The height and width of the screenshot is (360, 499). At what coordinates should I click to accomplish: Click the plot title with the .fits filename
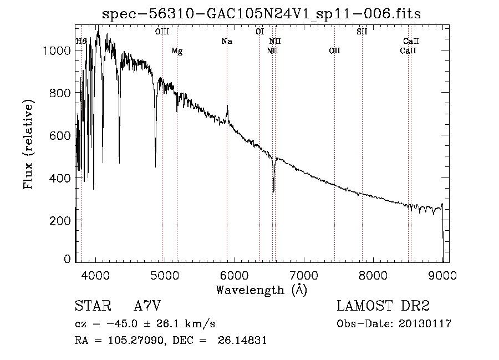point(262,14)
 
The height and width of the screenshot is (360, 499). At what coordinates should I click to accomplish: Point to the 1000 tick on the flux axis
point(56,50)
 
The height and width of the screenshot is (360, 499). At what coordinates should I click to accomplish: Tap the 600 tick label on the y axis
point(59,136)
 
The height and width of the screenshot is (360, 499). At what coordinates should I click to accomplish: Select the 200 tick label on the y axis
point(59,221)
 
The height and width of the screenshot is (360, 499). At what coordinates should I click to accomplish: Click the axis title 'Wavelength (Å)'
point(261,290)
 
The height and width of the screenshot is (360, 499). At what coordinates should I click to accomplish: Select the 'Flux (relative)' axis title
point(28,144)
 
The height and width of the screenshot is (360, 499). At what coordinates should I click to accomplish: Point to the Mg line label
point(177,52)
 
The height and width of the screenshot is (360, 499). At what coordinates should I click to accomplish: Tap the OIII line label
point(162,32)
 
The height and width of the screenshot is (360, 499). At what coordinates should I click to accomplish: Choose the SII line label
point(361,32)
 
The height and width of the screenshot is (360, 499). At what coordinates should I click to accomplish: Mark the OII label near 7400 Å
point(334,52)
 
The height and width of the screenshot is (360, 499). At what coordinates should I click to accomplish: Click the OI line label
point(259,32)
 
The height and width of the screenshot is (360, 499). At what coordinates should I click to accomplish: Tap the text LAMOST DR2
point(383,306)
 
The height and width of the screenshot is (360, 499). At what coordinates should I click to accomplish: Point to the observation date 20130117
point(426,324)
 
